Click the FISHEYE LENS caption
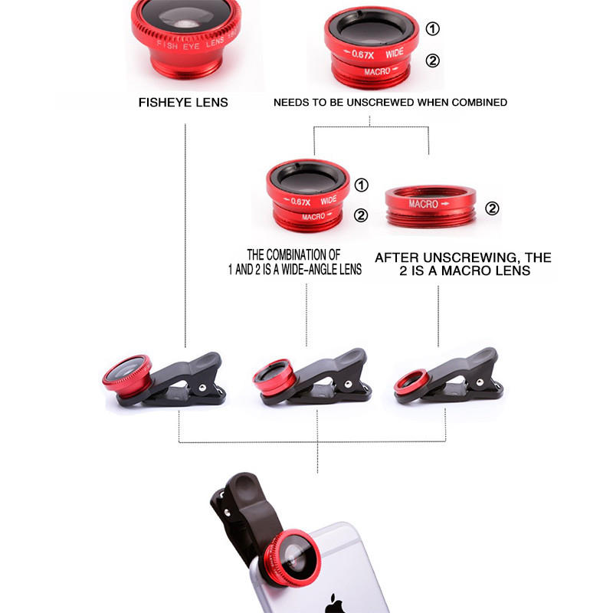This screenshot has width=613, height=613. (183, 102)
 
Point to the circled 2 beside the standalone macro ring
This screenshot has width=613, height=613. (493, 208)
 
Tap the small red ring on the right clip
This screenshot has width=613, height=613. (411, 380)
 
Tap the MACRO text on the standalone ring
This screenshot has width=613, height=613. (423, 205)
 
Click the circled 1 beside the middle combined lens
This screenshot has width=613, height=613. (361, 185)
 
